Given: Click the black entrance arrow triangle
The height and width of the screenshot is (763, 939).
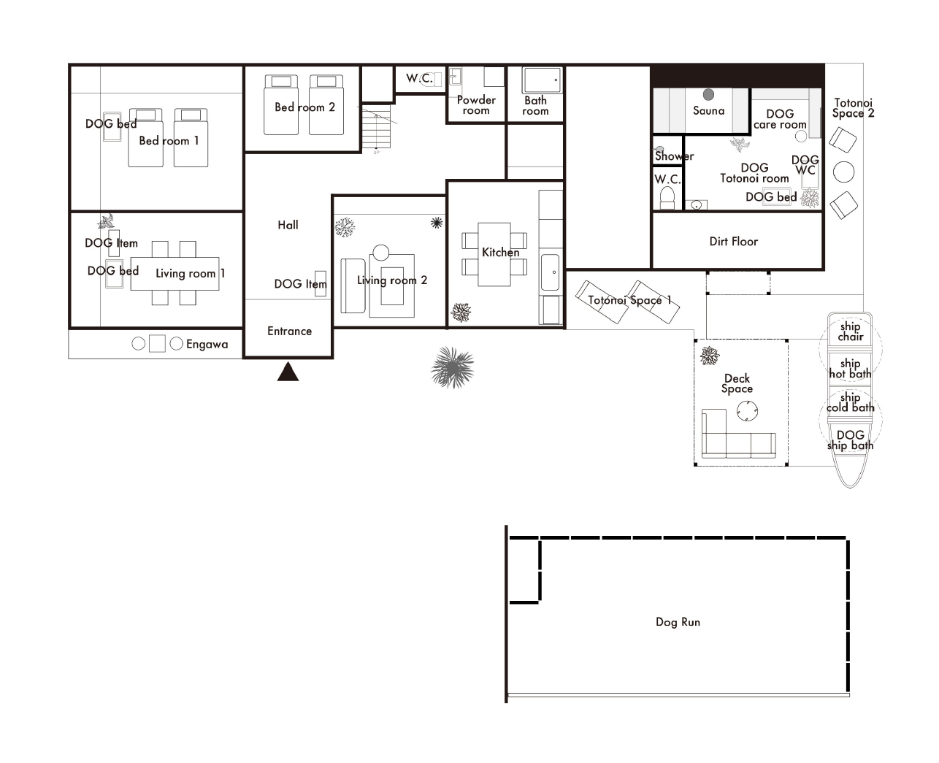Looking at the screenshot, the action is tap(288, 372).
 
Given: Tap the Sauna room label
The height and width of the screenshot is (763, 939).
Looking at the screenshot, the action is tap(708, 111).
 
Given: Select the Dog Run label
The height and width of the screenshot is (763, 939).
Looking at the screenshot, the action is tap(678, 622).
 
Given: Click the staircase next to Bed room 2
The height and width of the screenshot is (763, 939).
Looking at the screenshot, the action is tap(377, 126).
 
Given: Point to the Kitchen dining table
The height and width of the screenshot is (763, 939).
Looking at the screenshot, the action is tap(494, 254).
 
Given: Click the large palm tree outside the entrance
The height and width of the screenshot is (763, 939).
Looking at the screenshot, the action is tap(452, 367).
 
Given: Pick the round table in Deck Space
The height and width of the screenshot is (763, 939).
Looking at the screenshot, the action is tap(747, 411).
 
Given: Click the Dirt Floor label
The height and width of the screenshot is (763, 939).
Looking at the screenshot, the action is tap(734, 242).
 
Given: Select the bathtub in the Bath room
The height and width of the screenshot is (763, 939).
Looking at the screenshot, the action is tap(542, 80).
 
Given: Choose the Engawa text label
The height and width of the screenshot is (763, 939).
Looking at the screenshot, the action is tap(207, 345).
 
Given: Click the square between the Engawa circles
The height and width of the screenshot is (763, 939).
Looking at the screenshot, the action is tap(158, 344).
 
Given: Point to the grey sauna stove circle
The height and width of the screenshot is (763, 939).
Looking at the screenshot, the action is tap(708, 94).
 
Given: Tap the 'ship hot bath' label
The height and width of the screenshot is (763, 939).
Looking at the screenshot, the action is tap(850, 369).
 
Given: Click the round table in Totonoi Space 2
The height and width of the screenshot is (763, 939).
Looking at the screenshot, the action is tap(843, 172).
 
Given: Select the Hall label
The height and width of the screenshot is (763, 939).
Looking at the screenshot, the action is tap(288, 225).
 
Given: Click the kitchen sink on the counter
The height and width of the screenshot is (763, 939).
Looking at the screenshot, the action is tap(550, 272).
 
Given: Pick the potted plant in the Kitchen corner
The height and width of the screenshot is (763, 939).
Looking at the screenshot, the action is tap(461, 313).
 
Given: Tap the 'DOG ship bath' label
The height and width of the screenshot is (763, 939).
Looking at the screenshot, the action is tap(850, 440).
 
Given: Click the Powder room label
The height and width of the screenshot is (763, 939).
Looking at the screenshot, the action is tap(476, 105).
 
